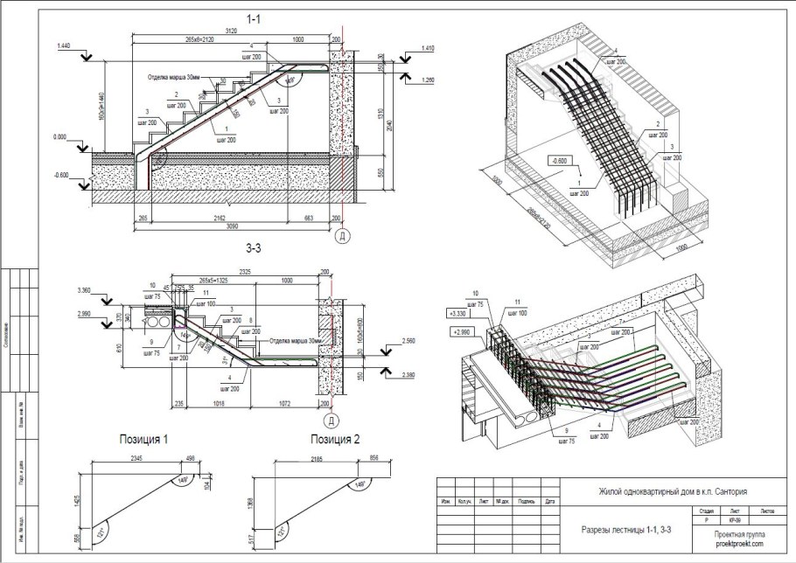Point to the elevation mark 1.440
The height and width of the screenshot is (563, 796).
(63, 44)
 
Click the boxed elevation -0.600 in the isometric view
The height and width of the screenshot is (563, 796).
(563, 160)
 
